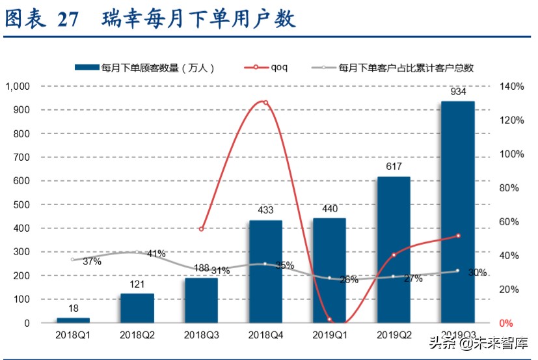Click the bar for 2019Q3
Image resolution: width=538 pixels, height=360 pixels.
[x=457, y=212]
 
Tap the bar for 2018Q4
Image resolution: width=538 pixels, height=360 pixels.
[x=265, y=271]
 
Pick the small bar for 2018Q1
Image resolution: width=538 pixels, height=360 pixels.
[x=73, y=320]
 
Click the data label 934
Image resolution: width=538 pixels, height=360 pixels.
[x=458, y=92]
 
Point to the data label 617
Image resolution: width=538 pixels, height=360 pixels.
[x=394, y=167]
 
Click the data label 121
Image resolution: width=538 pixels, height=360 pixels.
[x=137, y=284]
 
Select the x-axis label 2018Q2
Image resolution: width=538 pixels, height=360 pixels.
[x=137, y=335]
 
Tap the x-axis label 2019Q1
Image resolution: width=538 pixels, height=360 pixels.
[x=330, y=335]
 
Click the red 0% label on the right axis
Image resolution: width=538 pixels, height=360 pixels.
[x=505, y=323]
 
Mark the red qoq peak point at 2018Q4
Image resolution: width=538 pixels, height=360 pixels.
[x=265, y=102]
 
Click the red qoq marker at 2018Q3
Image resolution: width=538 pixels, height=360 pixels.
[x=202, y=229]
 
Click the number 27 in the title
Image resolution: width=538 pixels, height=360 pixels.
[x=68, y=20]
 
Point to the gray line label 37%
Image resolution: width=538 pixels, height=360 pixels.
[x=92, y=262]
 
